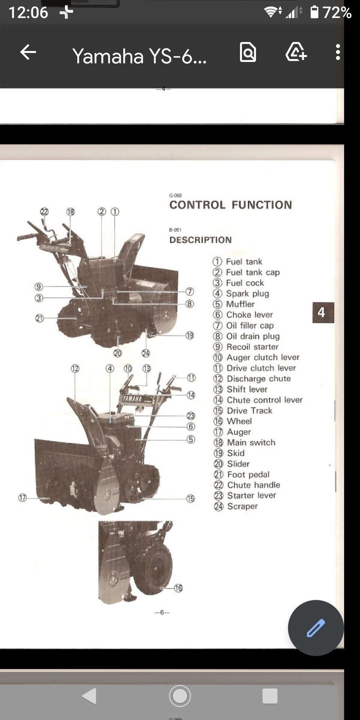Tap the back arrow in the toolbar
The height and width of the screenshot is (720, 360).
[x=28, y=52]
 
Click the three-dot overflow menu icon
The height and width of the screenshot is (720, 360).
[x=338, y=52]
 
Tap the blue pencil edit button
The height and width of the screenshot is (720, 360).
[x=316, y=628]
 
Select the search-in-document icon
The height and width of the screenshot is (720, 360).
[x=248, y=52]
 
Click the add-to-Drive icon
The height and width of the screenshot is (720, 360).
[x=296, y=52]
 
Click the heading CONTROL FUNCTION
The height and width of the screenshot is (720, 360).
[x=231, y=205]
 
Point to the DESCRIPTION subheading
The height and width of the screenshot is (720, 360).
[x=201, y=240]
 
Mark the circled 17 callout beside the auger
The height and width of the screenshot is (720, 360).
[x=22, y=498]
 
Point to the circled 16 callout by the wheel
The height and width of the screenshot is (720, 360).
[x=178, y=588]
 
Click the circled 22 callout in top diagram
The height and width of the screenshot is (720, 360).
[x=44, y=211]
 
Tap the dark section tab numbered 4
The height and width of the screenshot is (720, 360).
[x=323, y=312]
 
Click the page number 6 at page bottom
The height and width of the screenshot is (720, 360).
[x=162, y=612]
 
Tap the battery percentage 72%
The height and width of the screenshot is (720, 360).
[x=337, y=13]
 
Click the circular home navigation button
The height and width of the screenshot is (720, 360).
[x=180, y=696]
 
